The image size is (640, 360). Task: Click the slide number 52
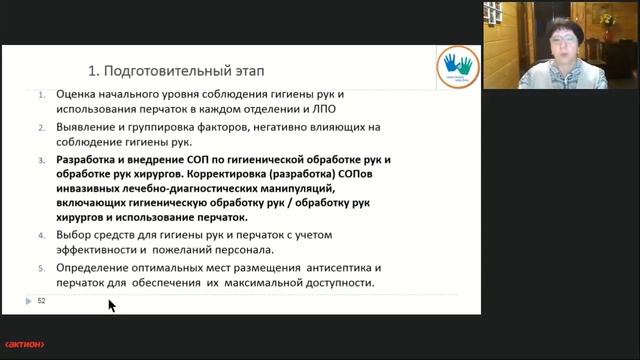[x=42, y=300]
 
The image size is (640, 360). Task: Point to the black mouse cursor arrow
[x=111, y=304]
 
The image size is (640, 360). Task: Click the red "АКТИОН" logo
[x=23, y=345]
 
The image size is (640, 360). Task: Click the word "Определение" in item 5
[x=99, y=270]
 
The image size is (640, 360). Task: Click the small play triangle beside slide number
[x=28, y=300]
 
